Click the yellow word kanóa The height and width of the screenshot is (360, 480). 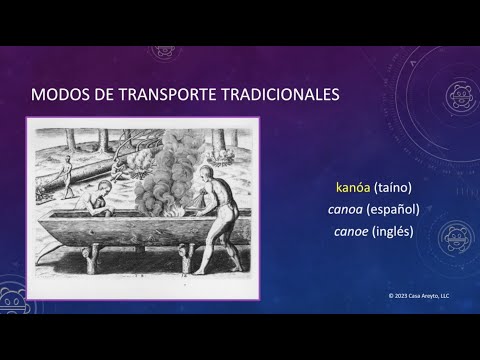(x=349, y=187)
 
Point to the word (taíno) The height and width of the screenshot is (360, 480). (x=392, y=187)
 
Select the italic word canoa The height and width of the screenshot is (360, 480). (x=345, y=209)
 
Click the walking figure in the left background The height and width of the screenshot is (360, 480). (x=67, y=178)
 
